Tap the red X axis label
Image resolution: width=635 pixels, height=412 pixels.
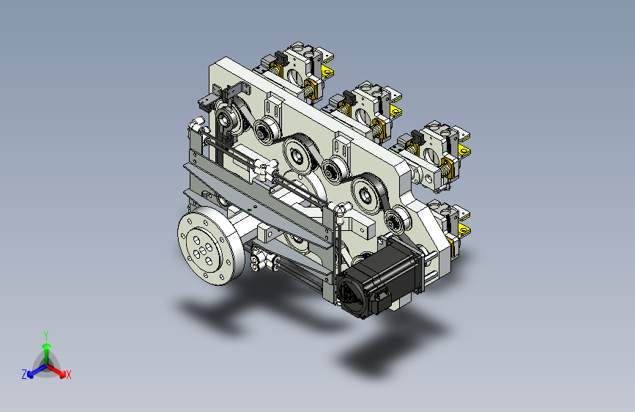68,375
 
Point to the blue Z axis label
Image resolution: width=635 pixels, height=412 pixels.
24,375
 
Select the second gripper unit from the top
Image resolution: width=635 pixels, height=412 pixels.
363,108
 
